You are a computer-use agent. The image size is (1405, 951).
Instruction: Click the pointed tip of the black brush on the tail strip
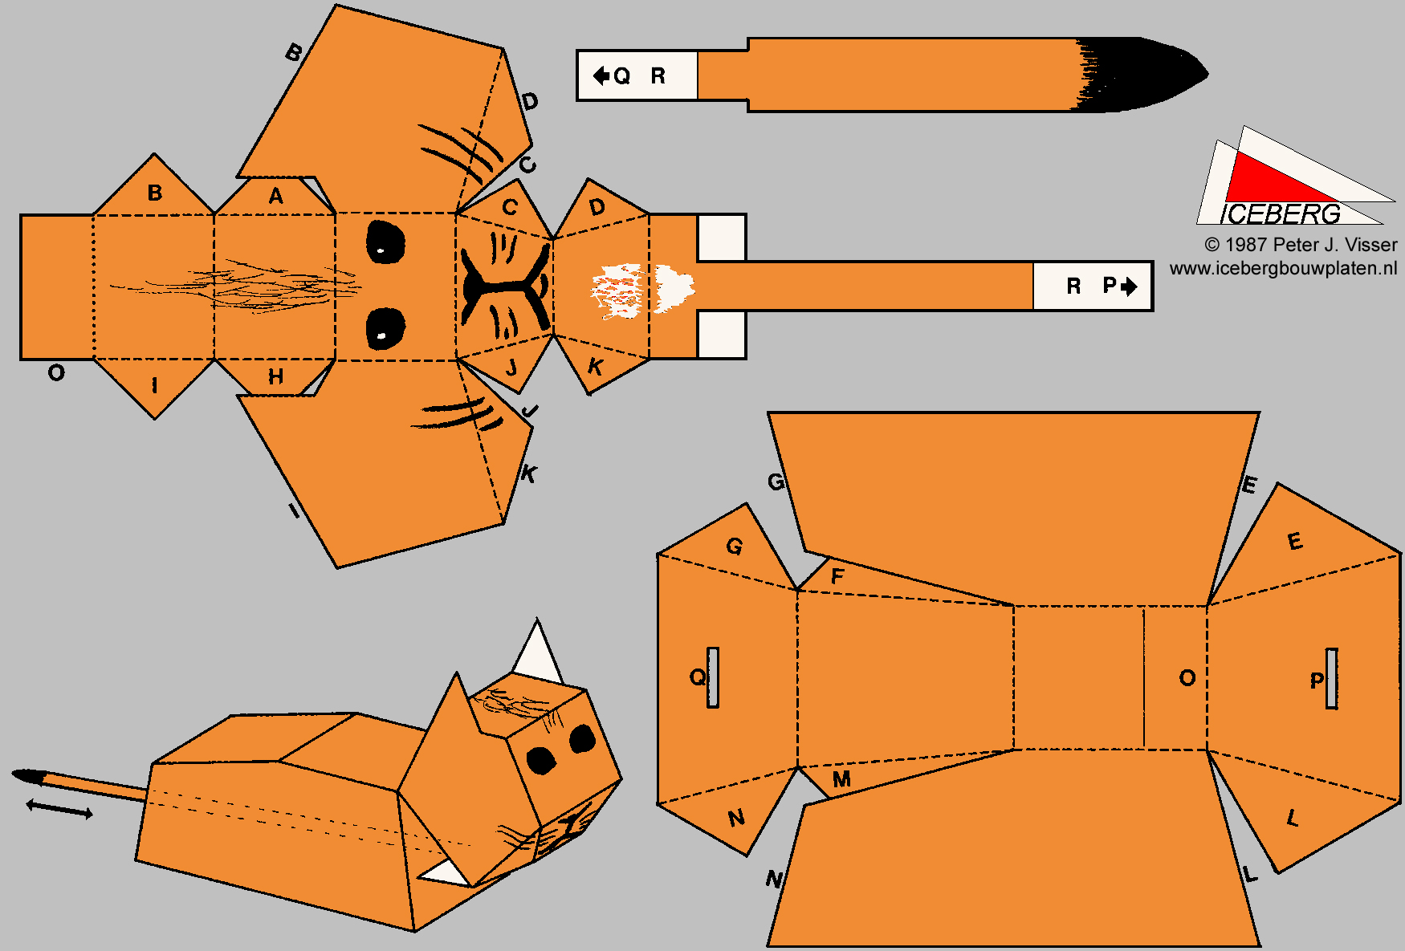[1208, 73]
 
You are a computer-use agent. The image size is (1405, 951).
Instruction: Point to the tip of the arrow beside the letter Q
[593, 75]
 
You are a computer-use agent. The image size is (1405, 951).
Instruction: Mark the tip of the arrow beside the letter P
[1138, 286]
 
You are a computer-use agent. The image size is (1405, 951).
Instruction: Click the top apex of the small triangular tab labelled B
[154, 154]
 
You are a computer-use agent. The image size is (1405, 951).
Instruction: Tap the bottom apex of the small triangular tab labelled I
[155, 418]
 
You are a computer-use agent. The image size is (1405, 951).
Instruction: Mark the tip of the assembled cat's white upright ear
[537, 619]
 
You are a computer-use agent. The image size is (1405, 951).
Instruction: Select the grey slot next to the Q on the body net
[713, 677]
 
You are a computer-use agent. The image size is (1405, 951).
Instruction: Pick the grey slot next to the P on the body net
[1332, 678]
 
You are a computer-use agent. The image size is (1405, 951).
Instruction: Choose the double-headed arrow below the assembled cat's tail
[59, 809]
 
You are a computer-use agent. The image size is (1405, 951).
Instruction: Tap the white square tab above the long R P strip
[722, 238]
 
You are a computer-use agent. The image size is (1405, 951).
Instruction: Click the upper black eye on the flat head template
[385, 242]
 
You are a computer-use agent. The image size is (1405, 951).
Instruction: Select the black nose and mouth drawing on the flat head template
[506, 284]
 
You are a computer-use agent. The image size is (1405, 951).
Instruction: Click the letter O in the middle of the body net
[1187, 678]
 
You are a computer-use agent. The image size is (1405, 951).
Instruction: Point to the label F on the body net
[837, 576]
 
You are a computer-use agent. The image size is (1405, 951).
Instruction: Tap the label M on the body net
[841, 779]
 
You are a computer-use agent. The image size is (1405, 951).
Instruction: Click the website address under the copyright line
[1283, 268]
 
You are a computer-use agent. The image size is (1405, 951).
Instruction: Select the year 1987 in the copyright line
[1246, 245]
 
